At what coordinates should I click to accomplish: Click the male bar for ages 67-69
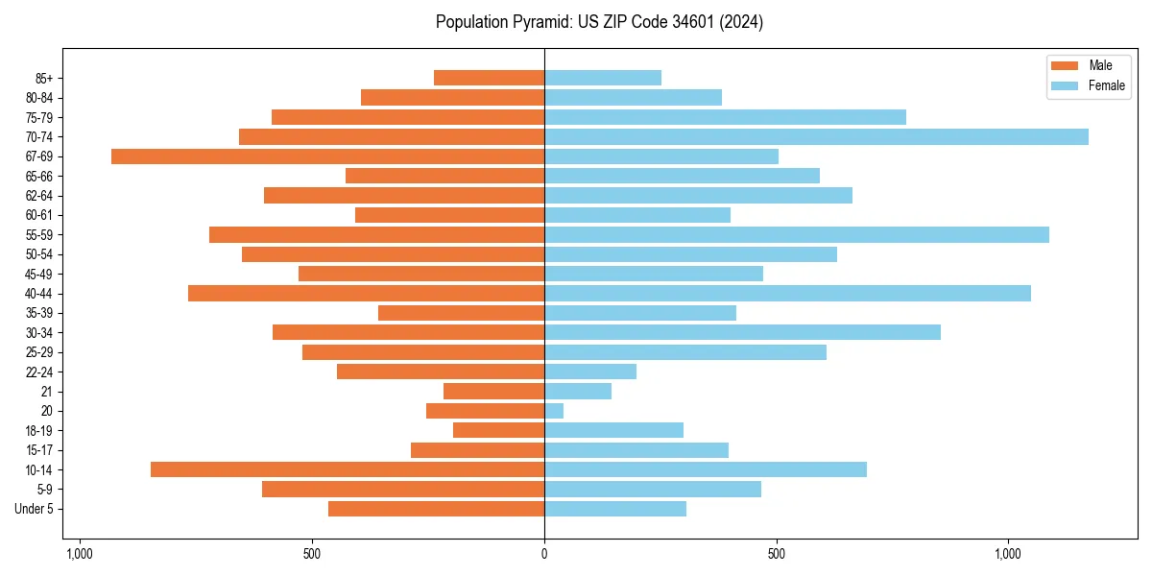[327, 156]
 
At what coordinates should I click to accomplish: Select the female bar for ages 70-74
[816, 136]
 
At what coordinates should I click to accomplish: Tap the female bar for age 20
[554, 411]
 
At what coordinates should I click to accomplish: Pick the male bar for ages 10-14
[348, 469]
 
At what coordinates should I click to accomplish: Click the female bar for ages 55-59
[797, 234]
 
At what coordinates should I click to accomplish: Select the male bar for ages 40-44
[366, 293]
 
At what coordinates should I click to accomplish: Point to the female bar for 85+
[603, 78]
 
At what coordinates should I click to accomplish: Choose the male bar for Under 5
[436, 509]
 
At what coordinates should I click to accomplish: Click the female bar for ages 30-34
[742, 332]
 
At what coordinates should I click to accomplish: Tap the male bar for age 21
[493, 391]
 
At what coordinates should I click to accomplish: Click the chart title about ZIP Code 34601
[599, 22]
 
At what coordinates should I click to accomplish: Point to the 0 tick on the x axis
[544, 554]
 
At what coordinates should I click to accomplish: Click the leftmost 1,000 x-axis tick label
[79, 554]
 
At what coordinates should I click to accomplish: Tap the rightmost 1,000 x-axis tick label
[1008, 554]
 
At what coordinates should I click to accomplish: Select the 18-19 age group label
[39, 431]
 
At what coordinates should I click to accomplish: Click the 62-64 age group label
[39, 196]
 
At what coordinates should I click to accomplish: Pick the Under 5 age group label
[35, 509]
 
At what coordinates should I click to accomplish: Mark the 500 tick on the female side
[777, 554]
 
